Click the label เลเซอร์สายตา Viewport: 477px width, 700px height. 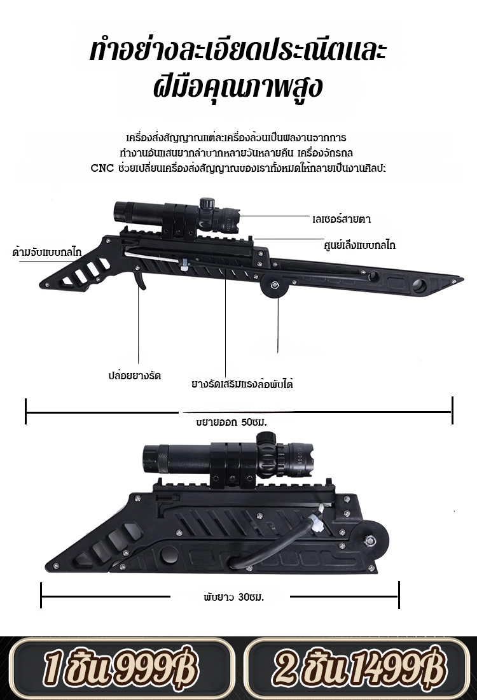342,219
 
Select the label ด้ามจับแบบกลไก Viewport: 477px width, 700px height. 47,252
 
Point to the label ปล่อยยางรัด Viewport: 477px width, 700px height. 134,375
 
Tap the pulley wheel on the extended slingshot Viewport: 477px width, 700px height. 276,288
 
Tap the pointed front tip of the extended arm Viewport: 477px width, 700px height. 457,279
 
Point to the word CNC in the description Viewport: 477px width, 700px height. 101,169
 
